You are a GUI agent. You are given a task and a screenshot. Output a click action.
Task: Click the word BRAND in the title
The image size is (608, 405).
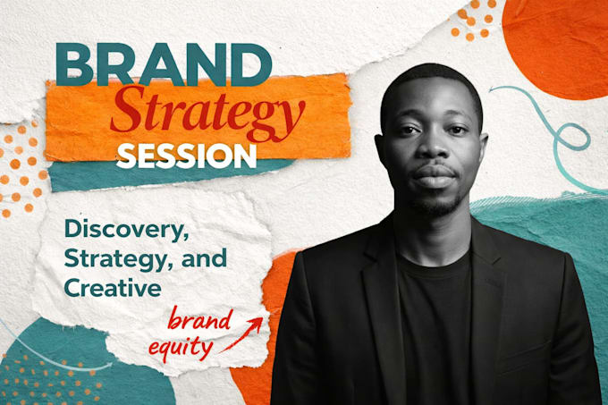(164, 64)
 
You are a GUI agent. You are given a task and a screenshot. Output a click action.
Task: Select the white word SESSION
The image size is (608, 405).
(186, 156)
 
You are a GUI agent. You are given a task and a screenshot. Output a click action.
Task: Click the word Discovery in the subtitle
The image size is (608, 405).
(126, 230)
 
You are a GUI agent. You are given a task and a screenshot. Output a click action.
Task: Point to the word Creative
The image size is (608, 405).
(113, 288)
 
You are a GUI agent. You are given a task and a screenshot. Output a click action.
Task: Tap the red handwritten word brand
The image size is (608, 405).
(198, 319)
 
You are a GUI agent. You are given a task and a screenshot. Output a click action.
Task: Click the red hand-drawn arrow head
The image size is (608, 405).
(256, 325)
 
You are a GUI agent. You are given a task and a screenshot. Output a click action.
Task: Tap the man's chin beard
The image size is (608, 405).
(437, 207)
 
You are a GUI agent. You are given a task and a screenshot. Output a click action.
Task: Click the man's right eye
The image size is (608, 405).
(407, 130)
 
